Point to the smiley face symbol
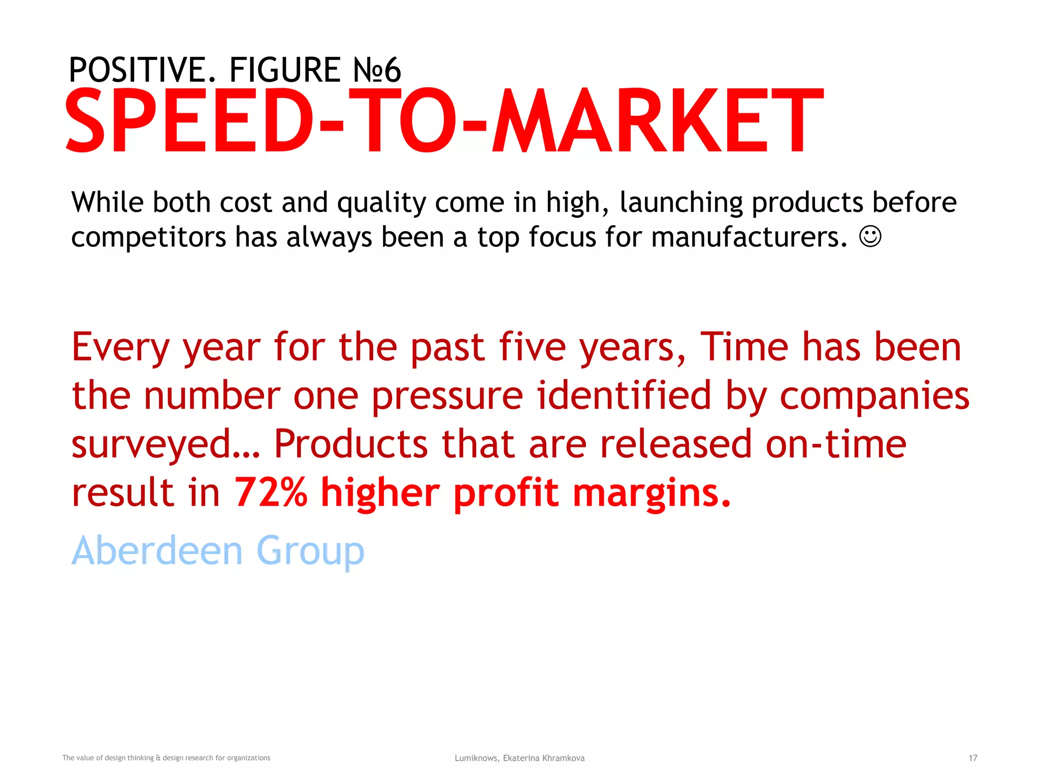click(870, 237)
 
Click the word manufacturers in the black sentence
click(749, 238)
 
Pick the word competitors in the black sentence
click(148, 238)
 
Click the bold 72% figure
click(271, 493)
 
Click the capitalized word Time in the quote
click(744, 347)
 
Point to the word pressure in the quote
click(447, 397)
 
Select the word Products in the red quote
click(351, 444)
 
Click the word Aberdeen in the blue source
click(157, 550)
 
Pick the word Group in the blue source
click(310, 551)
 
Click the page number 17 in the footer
click(972, 758)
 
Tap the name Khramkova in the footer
click(563, 758)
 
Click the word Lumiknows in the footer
click(476, 758)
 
